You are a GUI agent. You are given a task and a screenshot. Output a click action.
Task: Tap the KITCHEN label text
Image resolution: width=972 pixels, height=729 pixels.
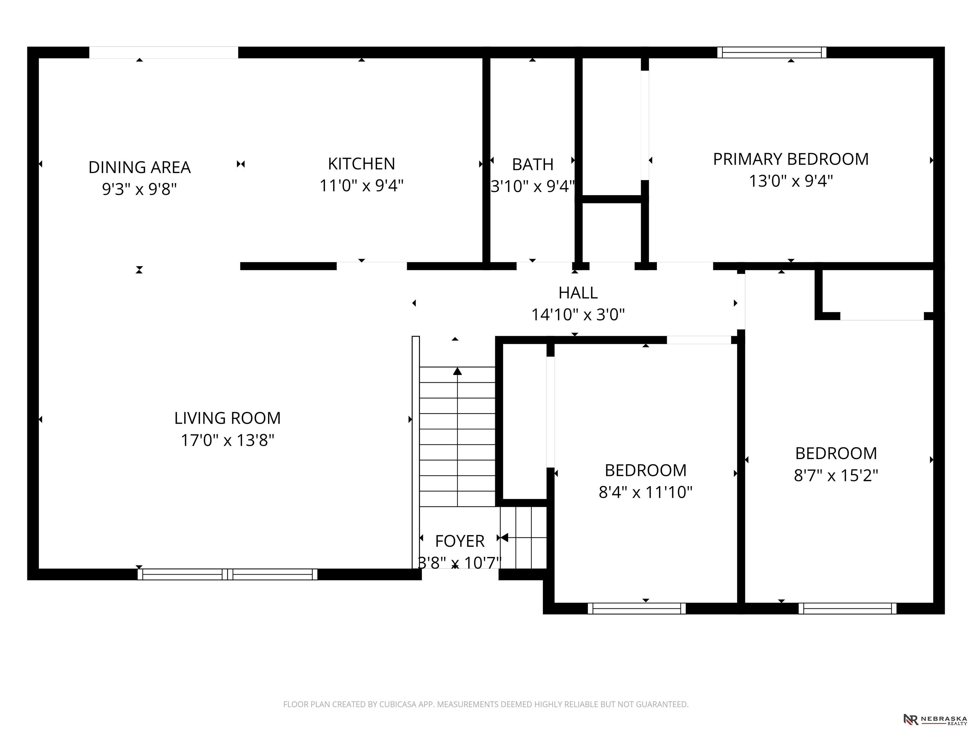361,164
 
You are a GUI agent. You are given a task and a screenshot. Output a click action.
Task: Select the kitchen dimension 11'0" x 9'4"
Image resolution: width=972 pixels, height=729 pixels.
361,186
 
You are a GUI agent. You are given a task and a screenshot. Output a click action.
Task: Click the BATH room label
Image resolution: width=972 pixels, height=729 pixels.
533,164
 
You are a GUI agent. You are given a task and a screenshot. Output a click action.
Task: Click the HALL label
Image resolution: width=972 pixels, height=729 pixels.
578,293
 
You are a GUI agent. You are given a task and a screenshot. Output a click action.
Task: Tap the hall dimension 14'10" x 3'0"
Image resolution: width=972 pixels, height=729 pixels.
578,315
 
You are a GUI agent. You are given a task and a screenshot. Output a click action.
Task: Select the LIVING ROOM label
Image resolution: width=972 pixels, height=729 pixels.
227,418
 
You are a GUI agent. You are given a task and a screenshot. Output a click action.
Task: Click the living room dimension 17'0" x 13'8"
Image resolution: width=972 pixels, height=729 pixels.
227,440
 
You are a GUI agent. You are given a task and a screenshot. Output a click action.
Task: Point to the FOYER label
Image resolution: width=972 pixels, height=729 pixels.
460,541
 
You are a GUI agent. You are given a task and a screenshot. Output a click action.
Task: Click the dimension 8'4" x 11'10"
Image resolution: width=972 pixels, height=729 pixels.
645,492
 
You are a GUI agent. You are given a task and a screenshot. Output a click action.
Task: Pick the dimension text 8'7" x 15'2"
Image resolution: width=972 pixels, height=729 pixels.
836,475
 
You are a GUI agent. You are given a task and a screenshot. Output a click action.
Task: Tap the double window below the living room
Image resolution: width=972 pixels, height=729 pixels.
227,574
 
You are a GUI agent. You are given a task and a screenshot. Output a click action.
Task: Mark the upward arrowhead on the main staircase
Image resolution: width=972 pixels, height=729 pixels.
458,371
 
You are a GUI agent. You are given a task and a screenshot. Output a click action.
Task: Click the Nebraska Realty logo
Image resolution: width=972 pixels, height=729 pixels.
935,719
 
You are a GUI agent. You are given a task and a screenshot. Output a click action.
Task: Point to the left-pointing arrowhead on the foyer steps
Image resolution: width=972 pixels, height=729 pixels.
504,537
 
